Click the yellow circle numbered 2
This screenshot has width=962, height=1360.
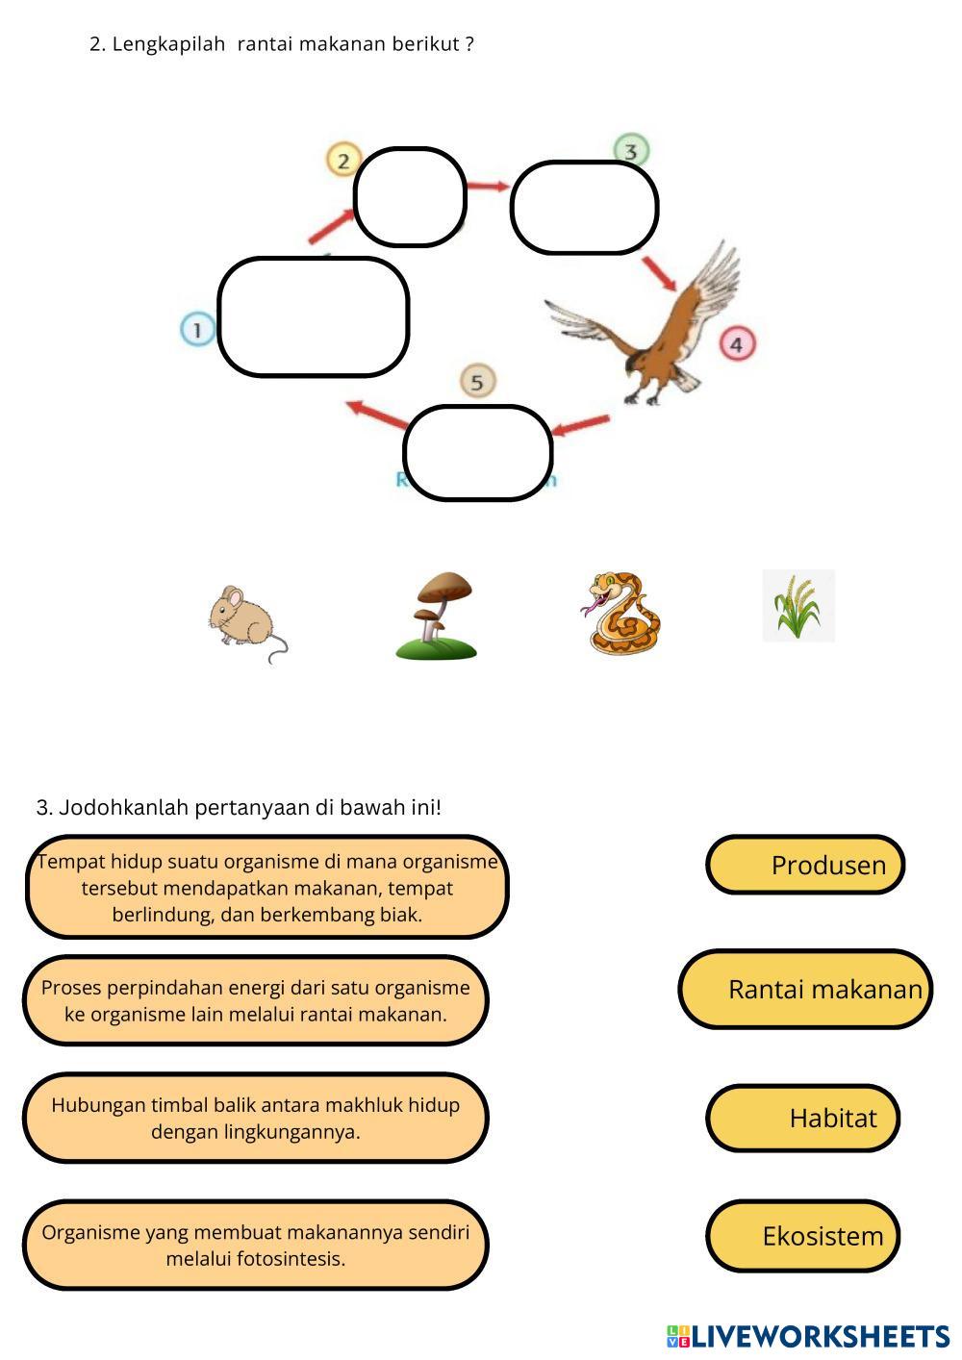point(343,160)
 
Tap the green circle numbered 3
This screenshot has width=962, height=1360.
point(631,151)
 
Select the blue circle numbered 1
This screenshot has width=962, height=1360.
point(198,330)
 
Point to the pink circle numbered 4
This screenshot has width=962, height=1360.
point(737,343)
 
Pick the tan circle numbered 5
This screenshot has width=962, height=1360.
point(477,382)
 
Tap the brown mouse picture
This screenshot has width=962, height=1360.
point(244,621)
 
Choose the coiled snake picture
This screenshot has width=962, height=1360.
point(622,614)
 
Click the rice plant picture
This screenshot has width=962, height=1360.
point(798,606)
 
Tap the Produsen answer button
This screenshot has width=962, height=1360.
point(805,865)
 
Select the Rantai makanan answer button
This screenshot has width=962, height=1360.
point(805,989)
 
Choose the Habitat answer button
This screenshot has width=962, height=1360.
point(803,1118)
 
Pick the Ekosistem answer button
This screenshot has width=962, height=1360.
point(803,1236)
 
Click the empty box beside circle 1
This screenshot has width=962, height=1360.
point(314,316)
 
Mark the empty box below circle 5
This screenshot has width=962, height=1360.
point(478,453)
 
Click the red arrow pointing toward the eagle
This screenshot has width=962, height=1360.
point(660,272)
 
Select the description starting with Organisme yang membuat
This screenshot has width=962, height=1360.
point(256,1245)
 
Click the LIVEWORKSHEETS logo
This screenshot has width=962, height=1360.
point(808,1336)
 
